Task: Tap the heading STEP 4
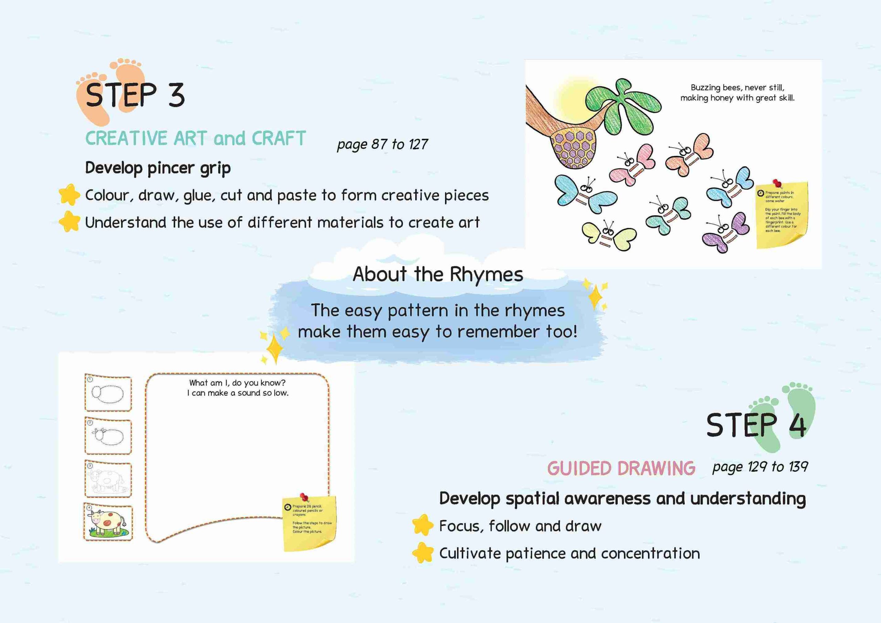(x=756, y=425)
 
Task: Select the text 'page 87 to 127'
(x=382, y=144)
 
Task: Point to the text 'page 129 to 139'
(x=760, y=467)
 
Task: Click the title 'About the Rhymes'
(x=438, y=274)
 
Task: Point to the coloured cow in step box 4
(x=107, y=522)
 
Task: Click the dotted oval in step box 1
(x=107, y=393)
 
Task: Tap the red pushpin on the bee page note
(x=777, y=183)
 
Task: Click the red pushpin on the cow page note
(x=305, y=497)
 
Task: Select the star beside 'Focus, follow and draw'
(x=423, y=525)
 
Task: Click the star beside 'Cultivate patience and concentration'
(x=423, y=552)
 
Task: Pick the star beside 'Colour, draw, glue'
(x=69, y=194)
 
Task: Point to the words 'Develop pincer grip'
(x=158, y=168)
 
